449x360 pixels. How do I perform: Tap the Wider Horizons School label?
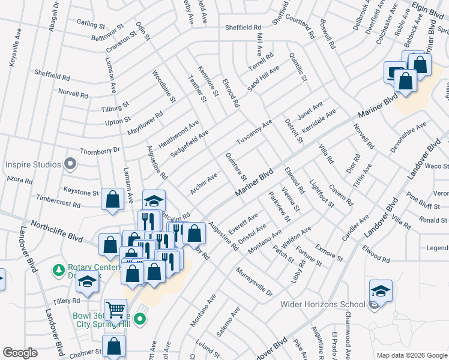pos(323,304)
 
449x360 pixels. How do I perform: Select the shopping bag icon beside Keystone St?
pos(112,201)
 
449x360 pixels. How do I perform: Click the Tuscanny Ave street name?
pos(259,130)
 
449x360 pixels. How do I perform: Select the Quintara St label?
pos(236,166)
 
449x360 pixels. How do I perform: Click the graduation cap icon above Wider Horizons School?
pos(381,292)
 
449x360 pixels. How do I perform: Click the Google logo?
pos(20,353)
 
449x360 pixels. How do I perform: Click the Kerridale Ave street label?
pos(319,121)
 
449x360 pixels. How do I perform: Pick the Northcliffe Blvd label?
pos(58,230)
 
